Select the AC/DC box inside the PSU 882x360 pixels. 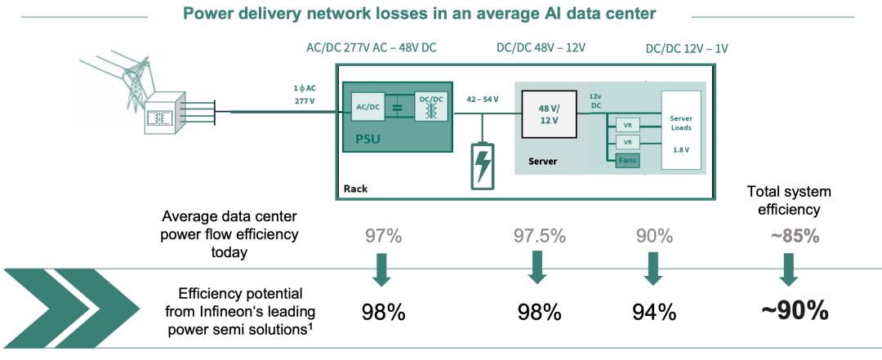pos(368,104)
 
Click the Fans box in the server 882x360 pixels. pos(627,161)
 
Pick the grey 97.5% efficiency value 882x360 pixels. pos(540,236)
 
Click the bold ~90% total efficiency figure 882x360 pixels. pos(795,310)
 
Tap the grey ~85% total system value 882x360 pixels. pos(795,236)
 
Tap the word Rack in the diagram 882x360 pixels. pos(355,189)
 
